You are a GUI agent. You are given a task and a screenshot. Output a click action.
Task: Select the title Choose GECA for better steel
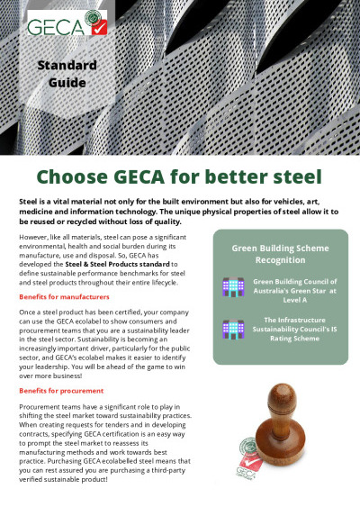180,174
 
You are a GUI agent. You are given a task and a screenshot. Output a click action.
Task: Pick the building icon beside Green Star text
233,287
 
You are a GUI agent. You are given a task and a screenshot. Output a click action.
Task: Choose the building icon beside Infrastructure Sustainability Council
233,330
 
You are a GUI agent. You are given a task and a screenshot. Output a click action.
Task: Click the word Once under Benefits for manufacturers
26,311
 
